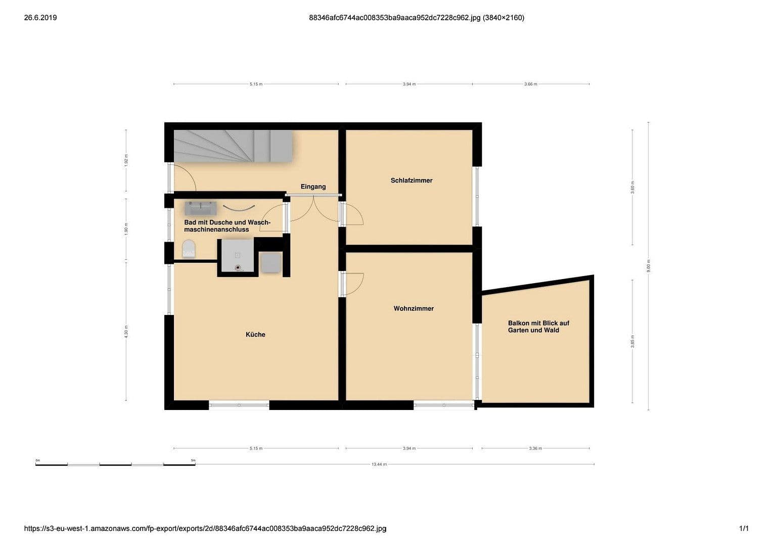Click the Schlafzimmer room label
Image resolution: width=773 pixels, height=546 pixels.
[411, 180]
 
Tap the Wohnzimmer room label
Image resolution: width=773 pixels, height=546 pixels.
[414, 308]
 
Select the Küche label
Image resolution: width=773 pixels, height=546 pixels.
[255, 334]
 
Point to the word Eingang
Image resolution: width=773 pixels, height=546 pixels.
[313, 187]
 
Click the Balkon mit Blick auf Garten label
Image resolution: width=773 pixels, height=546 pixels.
[538, 327]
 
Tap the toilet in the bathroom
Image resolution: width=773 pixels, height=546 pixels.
[189, 249]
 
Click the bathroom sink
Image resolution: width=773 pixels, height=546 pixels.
[200, 208]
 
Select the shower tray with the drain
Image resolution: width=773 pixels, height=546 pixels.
[238, 257]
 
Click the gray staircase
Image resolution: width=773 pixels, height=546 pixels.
[233, 146]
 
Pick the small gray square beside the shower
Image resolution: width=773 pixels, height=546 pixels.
[270, 263]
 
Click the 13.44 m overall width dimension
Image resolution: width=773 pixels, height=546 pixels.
[379, 464]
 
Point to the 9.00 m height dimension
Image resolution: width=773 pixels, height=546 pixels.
[649, 266]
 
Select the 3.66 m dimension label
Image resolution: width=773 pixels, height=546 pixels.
[531, 84]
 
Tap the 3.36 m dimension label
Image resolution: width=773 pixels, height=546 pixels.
[535, 448]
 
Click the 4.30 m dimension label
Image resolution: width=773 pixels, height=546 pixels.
[126, 331]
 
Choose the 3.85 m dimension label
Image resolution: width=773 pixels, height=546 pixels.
[632, 341]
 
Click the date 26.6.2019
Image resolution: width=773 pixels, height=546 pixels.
[40, 18]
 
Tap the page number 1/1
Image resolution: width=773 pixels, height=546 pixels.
[744, 529]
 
